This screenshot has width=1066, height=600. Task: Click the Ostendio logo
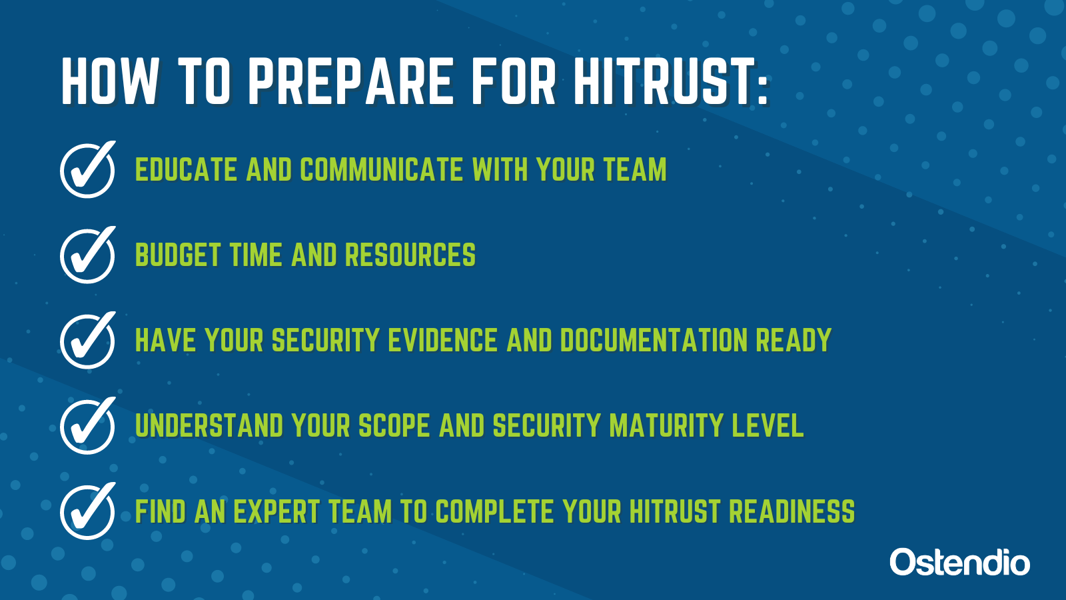tap(960, 563)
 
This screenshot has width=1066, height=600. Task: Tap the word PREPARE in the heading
tap(350, 81)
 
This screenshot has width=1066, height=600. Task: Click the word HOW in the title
tap(109, 81)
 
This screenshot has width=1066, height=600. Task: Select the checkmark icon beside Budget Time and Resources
tap(88, 255)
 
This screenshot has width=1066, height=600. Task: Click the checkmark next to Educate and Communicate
tap(88, 169)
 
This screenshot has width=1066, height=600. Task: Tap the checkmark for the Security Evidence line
tap(88, 340)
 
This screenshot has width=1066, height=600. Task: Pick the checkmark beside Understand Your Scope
tap(88, 425)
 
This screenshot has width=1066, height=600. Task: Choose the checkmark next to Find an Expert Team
tap(88, 511)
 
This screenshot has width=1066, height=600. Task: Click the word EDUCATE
tap(186, 169)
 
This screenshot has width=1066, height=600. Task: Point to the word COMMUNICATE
tap(382, 169)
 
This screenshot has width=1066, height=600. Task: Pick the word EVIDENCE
tap(443, 340)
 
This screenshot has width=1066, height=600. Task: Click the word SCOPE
tap(394, 425)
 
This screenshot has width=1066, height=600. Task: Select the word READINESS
tap(792, 511)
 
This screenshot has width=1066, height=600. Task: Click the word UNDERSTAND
tap(209, 425)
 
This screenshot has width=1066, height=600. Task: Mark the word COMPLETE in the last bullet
tap(495, 511)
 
